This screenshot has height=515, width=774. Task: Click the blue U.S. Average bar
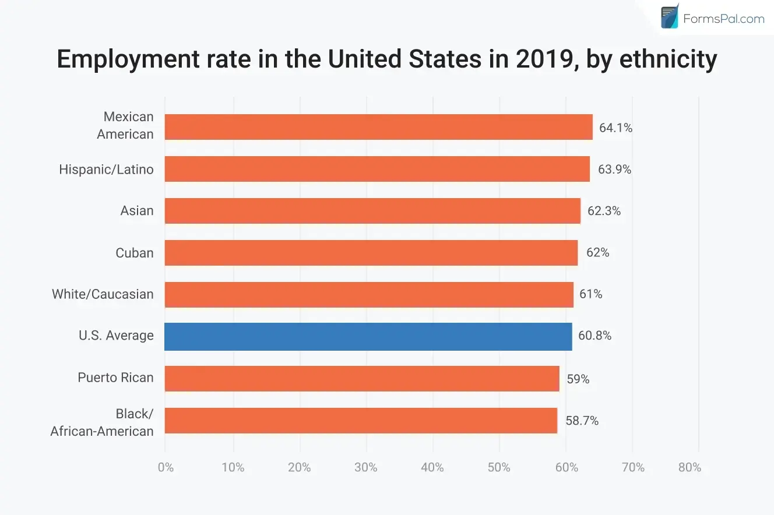tap(368, 336)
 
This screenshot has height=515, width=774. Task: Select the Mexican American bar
tap(379, 127)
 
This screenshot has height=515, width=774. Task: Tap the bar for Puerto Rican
tap(362, 379)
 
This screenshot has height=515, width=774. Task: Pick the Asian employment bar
tap(372, 211)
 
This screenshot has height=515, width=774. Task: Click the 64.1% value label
tap(615, 128)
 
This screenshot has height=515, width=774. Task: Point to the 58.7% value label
tap(582, 421)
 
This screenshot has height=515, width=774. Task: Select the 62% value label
tap(597, 252)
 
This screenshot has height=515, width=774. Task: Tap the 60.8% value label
tap(594, 336)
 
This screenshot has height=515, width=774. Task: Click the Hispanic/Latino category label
tap(106, 170)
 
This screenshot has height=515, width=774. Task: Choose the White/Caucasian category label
tap(103, 294)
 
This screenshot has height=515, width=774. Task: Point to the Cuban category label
tap(135, 253)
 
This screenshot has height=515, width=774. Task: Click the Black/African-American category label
tap(102, 422)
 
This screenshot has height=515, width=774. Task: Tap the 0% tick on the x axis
tap(166, 467)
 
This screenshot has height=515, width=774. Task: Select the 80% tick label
tap(689, 467)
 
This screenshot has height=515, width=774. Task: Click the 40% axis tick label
tap(432, 467)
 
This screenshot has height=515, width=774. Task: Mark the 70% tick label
tap(633, 467)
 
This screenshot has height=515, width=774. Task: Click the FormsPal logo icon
tap(670, 16)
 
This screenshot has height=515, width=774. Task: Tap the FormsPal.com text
tap(723, 19)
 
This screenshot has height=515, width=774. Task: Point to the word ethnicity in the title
tap(669, 59)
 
